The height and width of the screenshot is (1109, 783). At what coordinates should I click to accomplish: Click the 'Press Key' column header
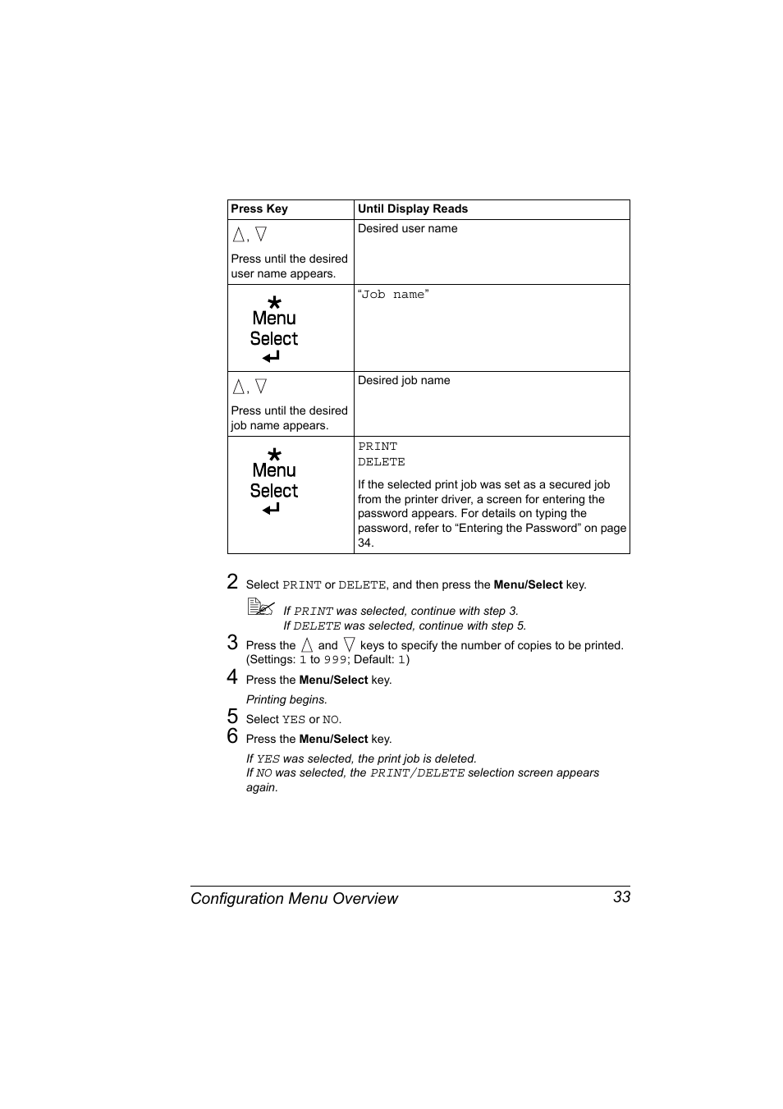point(259,209)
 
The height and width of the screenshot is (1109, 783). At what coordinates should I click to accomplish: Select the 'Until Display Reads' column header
point(412,209)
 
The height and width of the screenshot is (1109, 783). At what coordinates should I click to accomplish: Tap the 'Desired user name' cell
point(407,229)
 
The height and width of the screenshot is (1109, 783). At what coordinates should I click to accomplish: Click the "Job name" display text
point(393,295)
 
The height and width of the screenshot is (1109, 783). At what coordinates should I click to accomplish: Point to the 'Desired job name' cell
point(404,381)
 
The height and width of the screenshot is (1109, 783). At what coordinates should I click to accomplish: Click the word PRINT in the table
point(378,447)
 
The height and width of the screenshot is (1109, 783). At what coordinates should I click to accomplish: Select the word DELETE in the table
point(381,462)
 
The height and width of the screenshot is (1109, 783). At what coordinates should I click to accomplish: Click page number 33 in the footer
point(621,897)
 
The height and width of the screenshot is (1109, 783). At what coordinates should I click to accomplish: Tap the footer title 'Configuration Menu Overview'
point(294,899)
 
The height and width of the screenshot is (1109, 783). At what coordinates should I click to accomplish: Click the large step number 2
point(232,582)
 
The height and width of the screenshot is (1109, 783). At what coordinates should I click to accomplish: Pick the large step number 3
point(232,643)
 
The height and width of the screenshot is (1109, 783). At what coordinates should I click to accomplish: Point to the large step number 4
point(232,677)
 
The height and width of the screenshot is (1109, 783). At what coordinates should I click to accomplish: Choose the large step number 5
point(232,717)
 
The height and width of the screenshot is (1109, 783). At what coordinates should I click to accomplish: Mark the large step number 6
point(232,736)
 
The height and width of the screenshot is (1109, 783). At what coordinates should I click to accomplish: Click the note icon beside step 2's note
point(260,607)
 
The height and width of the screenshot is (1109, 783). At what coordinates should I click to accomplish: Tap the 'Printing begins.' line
point(286,700)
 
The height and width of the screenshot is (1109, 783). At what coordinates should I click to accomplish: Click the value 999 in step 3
point(334,660)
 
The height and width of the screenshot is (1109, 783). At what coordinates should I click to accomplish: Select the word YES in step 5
point(293,720)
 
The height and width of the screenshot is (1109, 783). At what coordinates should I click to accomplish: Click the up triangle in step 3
point(307,646)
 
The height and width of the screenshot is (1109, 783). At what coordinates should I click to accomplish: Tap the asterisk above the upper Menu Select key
point(274,303)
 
